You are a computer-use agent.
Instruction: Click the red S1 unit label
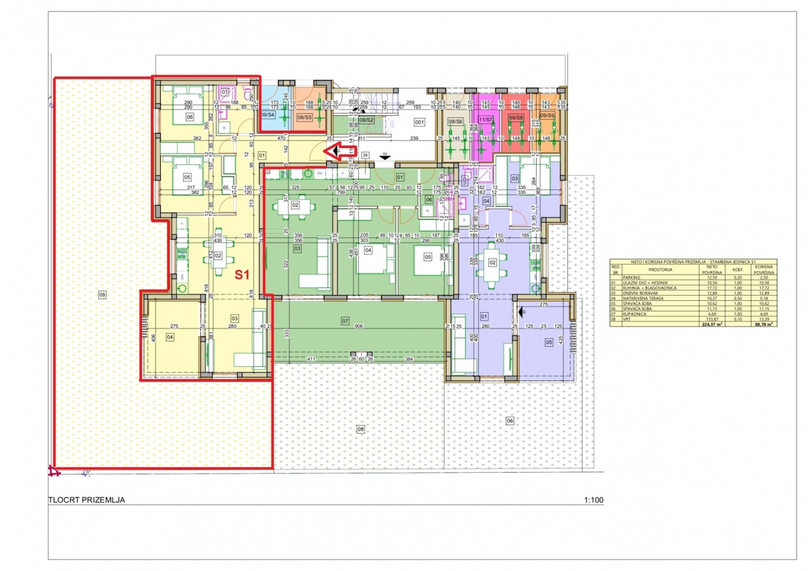[242, 275]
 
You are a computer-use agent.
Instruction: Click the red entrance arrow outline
[340, 152]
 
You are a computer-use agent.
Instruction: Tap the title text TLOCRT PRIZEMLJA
[87, 500]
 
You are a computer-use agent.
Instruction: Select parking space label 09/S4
[268, 115]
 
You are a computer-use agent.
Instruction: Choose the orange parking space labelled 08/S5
[305, 117]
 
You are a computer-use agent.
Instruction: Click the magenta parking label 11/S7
[485, 119]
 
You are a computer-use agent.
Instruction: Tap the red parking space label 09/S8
[516, 118]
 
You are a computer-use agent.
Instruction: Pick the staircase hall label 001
[419, 123]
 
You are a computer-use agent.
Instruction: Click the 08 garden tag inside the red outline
[102, 294]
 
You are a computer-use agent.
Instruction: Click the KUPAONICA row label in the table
[635, 313]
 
